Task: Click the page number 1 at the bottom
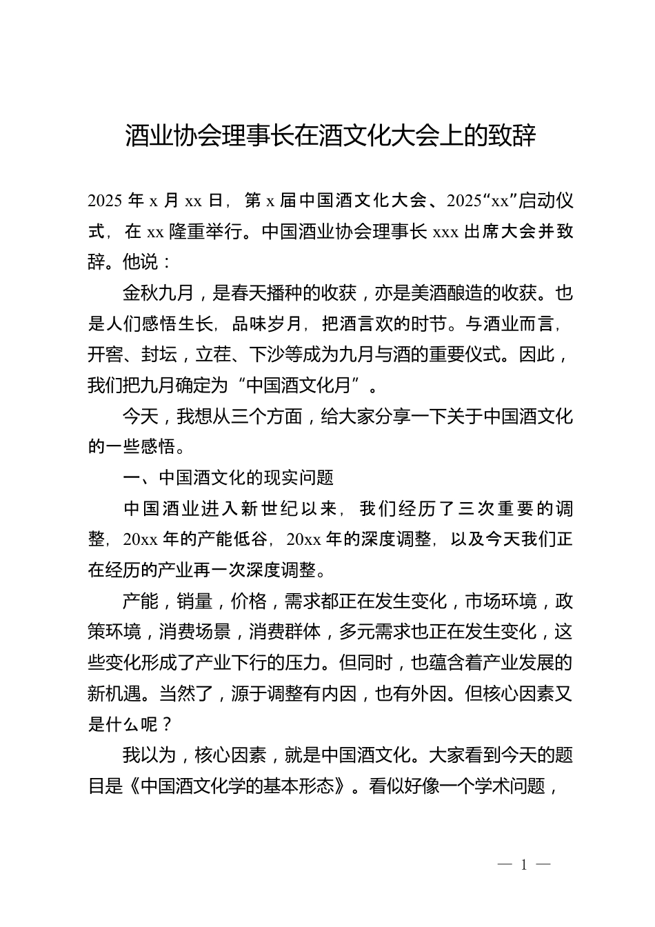pos(524,865)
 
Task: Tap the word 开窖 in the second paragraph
pos(105,355)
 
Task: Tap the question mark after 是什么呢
pos(165,724)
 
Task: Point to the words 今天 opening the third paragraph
pos(140,416)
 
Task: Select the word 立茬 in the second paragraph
pos(212,355)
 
